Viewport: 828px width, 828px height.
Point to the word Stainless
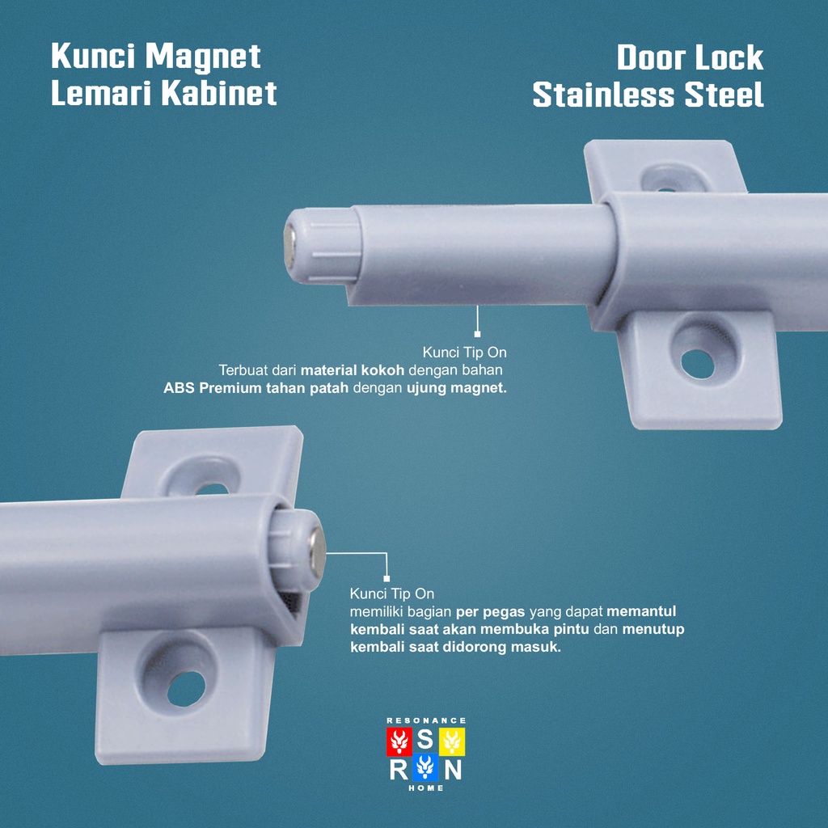click(605, 95)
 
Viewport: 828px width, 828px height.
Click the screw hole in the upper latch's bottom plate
click(697, 361)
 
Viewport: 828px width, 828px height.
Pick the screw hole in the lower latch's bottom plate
click(186, 686)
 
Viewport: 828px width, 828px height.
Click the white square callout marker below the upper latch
click(477, 333)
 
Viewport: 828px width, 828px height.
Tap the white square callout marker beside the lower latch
click(387, 578)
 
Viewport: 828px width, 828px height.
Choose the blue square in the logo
click(425, 768)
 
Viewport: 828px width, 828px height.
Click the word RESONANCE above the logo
click(426, 720)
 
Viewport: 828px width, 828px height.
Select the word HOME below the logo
click(426, 788)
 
